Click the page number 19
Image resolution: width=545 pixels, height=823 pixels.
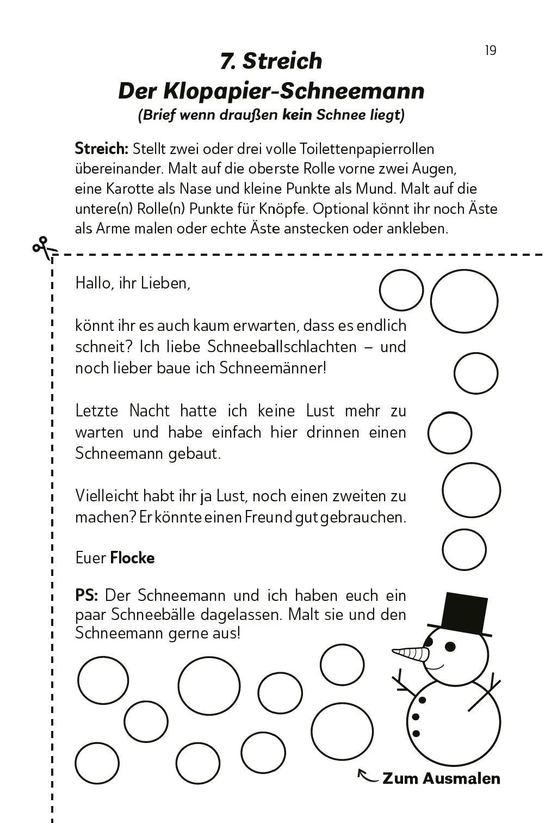(x=490, y=51)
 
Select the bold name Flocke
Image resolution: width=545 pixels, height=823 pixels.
(x=132, y=558)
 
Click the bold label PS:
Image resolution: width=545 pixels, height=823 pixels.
(x=86, y=595)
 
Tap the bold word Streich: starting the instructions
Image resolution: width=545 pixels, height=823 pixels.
(x=101, y=149)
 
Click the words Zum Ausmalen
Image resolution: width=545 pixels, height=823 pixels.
(x=441, y=778)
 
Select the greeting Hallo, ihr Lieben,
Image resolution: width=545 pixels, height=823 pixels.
(x=133, y=283)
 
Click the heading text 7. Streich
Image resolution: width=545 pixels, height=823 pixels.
(x=271, y=60)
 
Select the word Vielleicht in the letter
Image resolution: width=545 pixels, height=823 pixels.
(x=107, y=496)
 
